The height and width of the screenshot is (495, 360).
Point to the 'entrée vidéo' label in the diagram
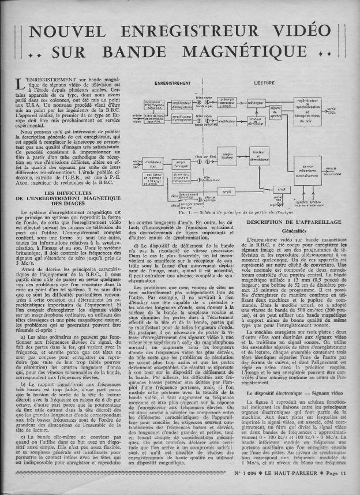click(x=137, y=119)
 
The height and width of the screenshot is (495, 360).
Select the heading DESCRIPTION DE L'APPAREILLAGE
click(x=293, y=222)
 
